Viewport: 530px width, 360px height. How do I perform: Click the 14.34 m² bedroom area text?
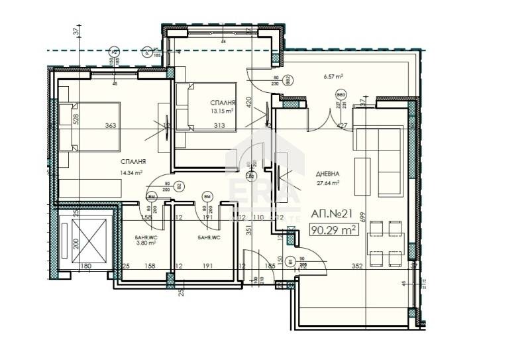point(132,173)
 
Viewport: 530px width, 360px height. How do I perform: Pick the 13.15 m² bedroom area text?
point(223,111)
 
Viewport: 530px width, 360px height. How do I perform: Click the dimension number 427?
point(342,125)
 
